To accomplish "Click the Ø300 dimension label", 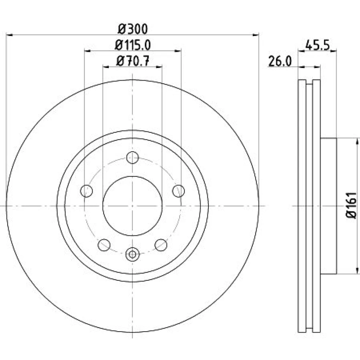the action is pos(133,29).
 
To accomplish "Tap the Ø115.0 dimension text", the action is pos(133,45).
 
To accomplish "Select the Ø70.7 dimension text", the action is pos(133,61).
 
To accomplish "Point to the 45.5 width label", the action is pos(317,45).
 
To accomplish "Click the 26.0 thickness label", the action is pos(280,62).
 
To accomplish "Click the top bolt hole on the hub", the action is pos(132,158).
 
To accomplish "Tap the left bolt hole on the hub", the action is pos(86,191).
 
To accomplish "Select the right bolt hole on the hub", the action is pos(179,191).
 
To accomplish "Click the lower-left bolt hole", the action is pos(104,245).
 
